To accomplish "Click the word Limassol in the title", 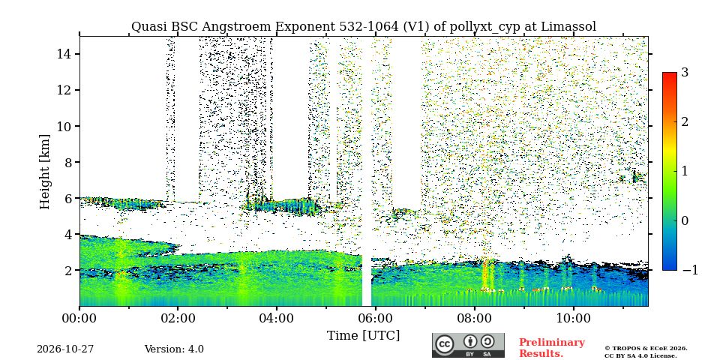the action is click(x=568, y=27).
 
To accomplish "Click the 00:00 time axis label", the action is click(x=80, y=318).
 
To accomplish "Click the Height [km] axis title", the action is click(x=44, y=172).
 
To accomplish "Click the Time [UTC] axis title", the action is click(x=363, y=336).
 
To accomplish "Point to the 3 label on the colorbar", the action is click(x=685, y=72).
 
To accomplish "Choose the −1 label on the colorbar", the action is click(x=690, y=270).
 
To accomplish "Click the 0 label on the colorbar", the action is click(x=685, y=220).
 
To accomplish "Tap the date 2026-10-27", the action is click(x=65, y=349).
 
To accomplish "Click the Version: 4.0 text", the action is click(x=174, y=349).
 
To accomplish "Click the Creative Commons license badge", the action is click(x=468, y=345).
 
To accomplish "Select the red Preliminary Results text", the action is click(x=552, y=347).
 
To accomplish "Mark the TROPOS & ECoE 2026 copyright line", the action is click(x=646, y=349).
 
